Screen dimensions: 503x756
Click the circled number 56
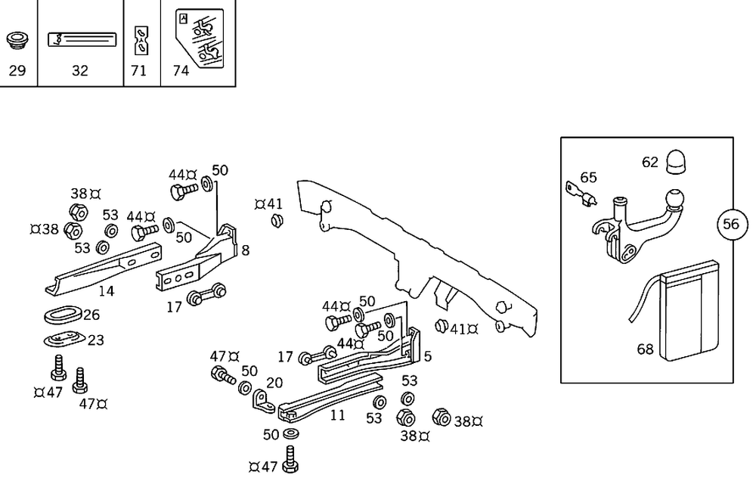pos(731,224)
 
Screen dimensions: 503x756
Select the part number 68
pos(645,349)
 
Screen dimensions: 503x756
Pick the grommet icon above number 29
pos(17,39)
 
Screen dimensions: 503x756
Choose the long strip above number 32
pos(82,39)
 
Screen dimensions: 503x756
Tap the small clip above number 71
pos(140,39)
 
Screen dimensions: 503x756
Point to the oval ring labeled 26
pos(62,315)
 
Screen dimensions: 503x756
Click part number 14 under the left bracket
pos(107,291)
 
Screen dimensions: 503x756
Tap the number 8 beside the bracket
pos(245,250)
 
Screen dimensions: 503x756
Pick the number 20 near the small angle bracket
pos(274,383)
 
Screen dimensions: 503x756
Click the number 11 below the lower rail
pos(337,415)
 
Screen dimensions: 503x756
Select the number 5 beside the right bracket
pos(428,356)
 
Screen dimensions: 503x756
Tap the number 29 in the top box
pos(17,71)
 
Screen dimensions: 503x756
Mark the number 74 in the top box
pos(181,71)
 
